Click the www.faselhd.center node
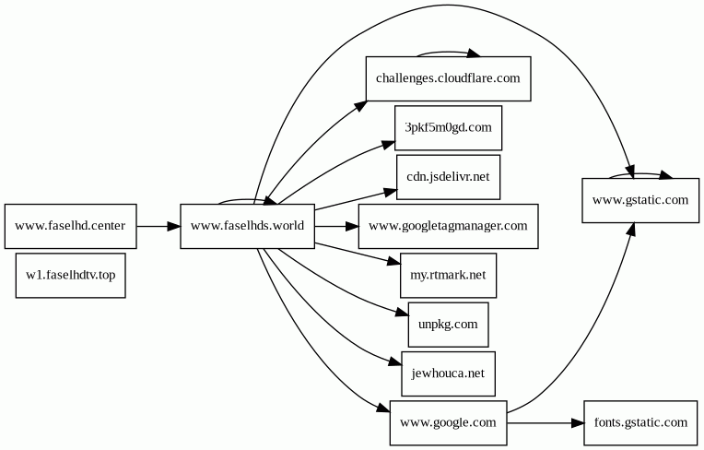(x=70, y=226)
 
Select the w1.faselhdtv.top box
(x=70, y=276)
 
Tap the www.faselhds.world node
(x=247, y=226)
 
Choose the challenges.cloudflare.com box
(x=448, y=78)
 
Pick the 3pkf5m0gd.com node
(x=448, y=128)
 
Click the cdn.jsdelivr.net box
(x=448, y=177)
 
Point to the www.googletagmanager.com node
(x=448, y=226)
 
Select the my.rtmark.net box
(x=448, y=276)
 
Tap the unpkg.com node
(x=448, y=325)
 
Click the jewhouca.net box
(x=448, y=373)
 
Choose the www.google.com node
(x=448, y=423)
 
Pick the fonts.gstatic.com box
(x=640, y=423)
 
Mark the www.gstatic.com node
(x=640, y=200)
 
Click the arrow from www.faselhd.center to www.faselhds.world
(x=158, y=226)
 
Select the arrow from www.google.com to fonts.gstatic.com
(x=546, y=423)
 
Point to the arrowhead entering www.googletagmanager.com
(x=352, y=226)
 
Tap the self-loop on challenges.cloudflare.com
(x=448, y=52)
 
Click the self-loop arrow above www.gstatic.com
(x=640, y=174)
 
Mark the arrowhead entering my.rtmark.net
(x=393, y=262)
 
